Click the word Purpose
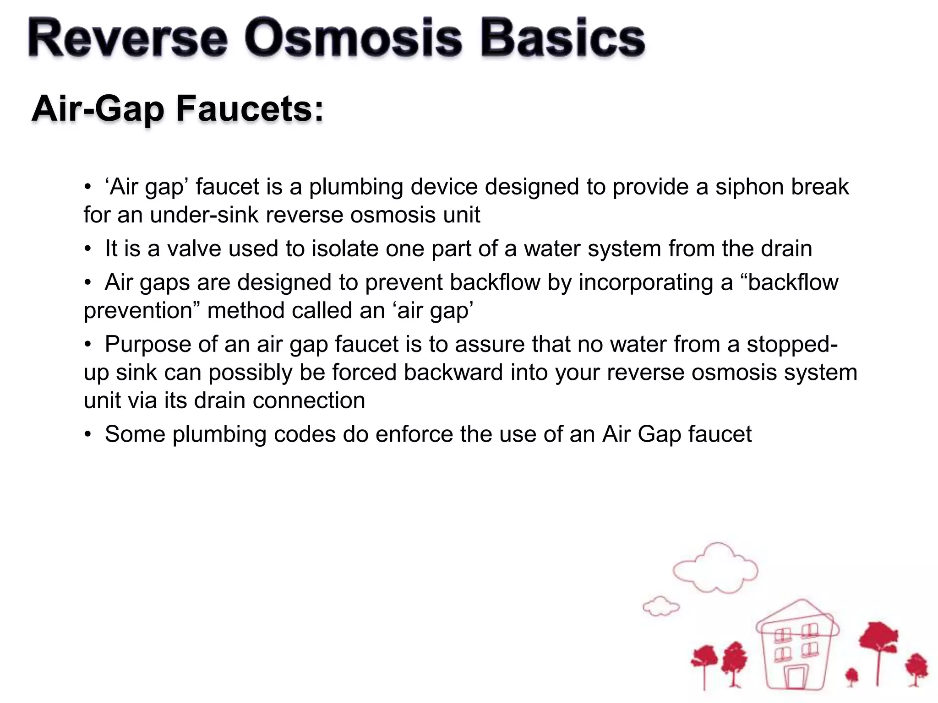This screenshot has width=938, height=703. tap(147, 344)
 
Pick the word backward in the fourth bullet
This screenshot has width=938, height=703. tap(453, 372)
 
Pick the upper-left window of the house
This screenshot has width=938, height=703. tap(783, 635)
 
